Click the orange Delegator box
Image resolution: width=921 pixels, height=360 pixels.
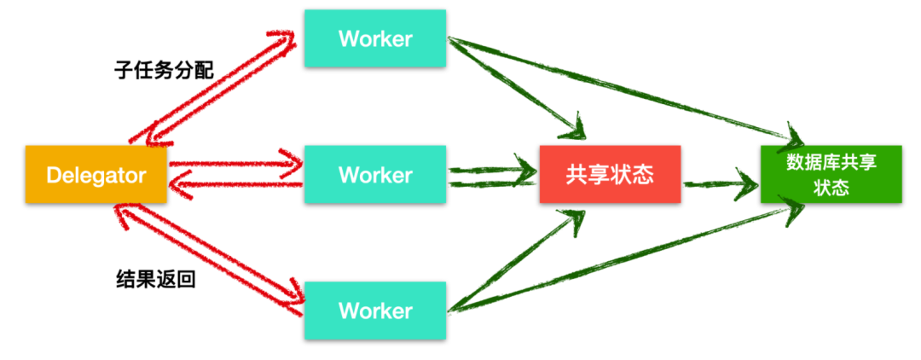pyautogui.click(x=96, y=175)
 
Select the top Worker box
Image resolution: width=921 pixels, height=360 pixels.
pyautogui.click(x=374, y=38)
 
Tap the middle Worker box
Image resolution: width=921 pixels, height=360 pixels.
pyautogui.click(x=374, y=175)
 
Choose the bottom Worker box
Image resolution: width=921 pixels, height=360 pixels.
pyautogui.click(x=374, y=311)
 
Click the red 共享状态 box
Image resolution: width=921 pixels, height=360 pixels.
pyautogui.click(x=610, y=175)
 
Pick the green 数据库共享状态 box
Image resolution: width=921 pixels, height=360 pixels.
pyautogui.click(x=831, y=175)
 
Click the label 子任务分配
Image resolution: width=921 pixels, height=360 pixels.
pyautogui.click(x=164, y=70)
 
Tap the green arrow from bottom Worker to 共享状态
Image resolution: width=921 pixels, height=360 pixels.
pyautogui.click(x=520, y=260)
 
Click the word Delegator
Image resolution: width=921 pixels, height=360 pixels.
pyautogui.click(x=96, y=175)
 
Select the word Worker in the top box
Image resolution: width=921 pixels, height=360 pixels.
pyautogui.click(x=374, y=38)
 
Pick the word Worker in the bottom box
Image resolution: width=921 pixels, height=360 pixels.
pyautogui.click(x=374, y=311)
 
